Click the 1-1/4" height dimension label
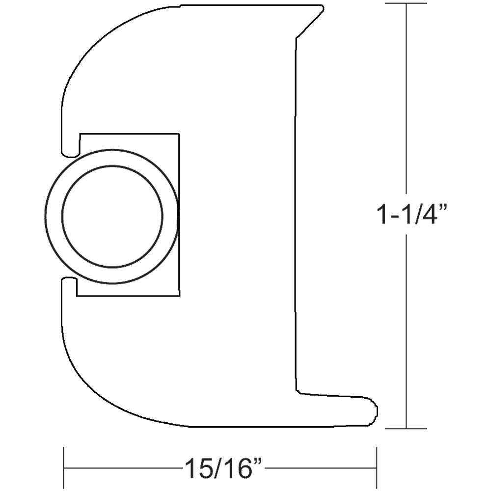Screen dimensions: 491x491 click(x=412, y=215)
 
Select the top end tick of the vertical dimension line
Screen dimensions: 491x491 click(x=406, y=4)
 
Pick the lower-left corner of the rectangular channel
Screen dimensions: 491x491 click(x=78, y=296)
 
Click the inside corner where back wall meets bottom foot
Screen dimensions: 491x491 click(x=298, y=392)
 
